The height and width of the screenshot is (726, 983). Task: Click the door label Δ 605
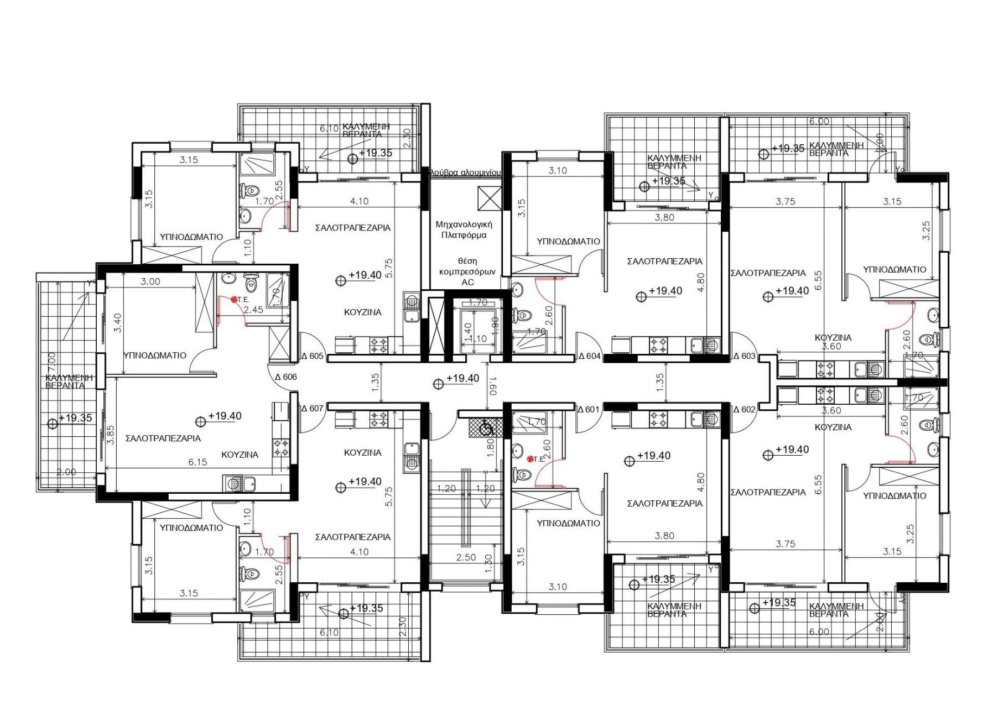click(x=312, y=356)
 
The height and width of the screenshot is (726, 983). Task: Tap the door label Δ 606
click(x=285, y=377)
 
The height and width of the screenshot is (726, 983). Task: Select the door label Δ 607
click(x=312, y=409)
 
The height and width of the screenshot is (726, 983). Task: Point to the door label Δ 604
click(x=589, y=356)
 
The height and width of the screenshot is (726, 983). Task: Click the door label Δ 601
click(x=588, y=410)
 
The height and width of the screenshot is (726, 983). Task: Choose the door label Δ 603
click(x=744, y=356)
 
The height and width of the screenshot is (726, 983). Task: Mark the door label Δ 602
click(x=744, y=410)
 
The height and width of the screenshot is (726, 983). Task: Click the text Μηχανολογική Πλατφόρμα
click(x=464, y=229)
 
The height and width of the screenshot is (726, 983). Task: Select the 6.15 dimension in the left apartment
click(x=197, y=462)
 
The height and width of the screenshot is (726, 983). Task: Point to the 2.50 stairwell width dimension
click(x=466, y=557)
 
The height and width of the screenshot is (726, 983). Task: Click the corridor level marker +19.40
click(x=462, y=379)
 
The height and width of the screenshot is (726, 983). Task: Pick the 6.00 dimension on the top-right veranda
click(x=819, y=122)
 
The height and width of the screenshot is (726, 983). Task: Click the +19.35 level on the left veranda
click(x=75, y=419)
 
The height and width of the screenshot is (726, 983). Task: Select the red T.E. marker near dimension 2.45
click(x=235, y=299)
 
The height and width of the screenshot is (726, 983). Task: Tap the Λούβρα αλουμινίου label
click(x=466, y=173)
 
